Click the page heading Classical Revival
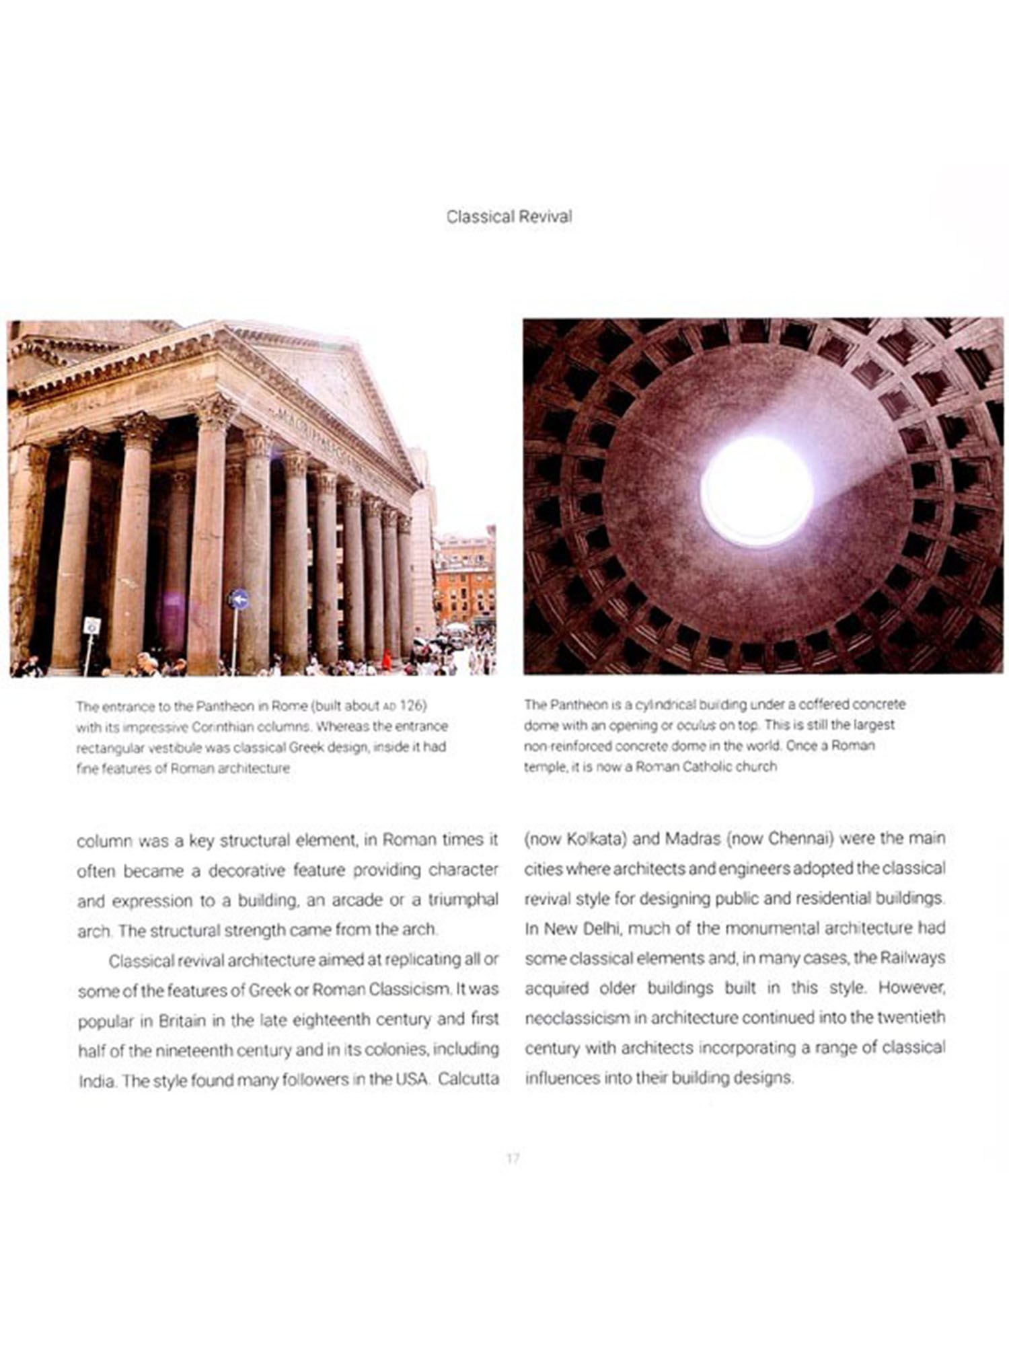tap(509, 217)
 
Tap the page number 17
tap(513, 1158)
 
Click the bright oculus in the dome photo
tap(757, 490)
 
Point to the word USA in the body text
tap(411, 1079)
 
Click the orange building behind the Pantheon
tap(464, 578)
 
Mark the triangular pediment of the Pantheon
tap(336, 390)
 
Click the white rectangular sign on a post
tap(91, 625)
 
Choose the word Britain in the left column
tap(181, 1020)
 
